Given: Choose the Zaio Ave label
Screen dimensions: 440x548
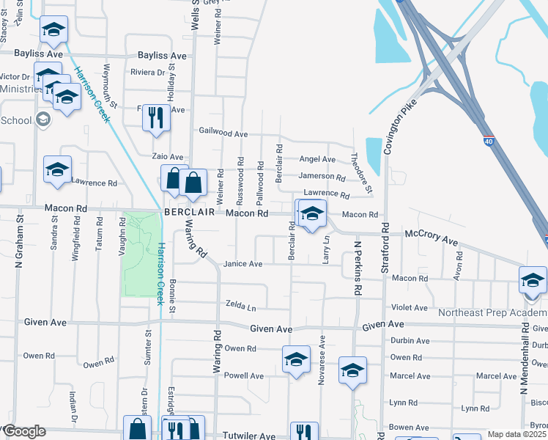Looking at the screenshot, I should click(x=167, y=157).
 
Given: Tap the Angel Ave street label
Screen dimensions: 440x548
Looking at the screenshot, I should click(x=317, y=159).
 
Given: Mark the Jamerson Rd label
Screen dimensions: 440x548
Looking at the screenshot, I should click(x=321, y=177).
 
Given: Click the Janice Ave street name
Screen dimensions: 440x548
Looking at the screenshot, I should click(x=242, y=264).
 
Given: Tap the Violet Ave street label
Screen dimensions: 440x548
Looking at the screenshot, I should click(x=410, y=308).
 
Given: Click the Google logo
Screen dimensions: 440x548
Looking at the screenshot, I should click(x=24, y=431).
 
